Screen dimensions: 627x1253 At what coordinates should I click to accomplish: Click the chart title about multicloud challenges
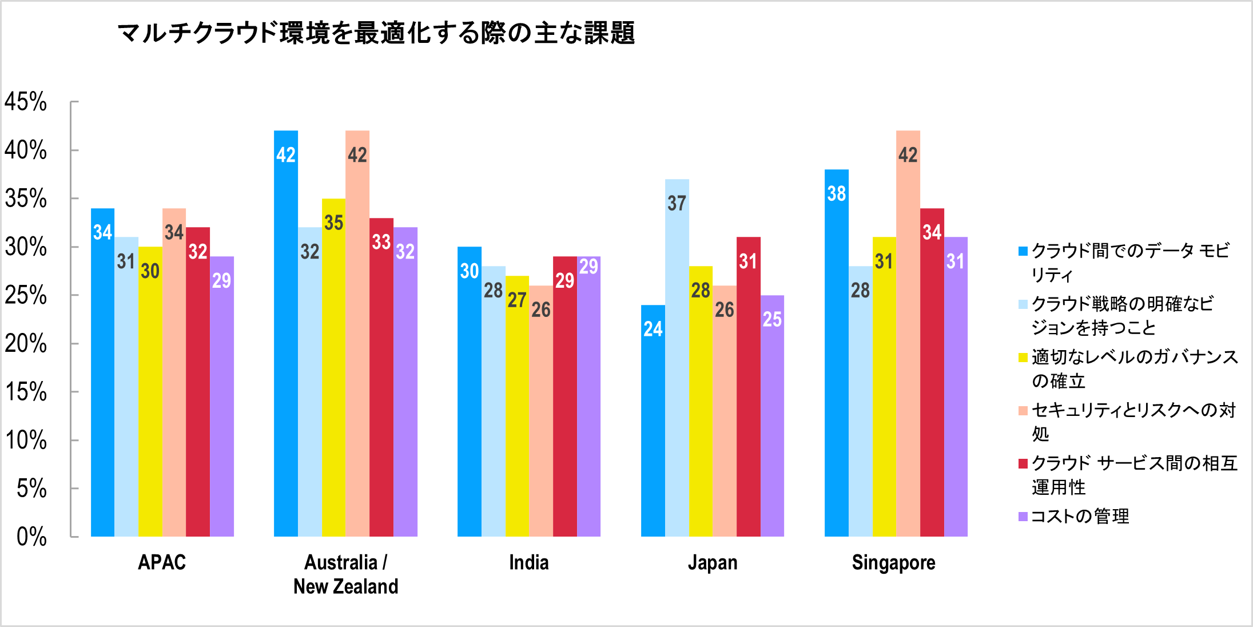pyautogui.click(x=376, y=33)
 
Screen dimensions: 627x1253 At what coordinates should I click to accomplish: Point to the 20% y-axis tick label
pyautogui.click(x=26, y=344)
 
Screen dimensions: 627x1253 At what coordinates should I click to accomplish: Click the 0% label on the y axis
pyautogui.click(x=31, y=537)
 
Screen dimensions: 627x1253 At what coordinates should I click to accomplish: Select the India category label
pyautogui.click(x=528, y=562)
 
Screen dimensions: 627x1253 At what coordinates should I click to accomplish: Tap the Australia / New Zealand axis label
pyautogui.click(x=345, y=574)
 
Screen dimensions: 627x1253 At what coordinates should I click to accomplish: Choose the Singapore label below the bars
pyautogui.click(x=893, y=562)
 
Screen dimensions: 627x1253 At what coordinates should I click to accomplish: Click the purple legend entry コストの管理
pyautogui.click(x=1080, y=516)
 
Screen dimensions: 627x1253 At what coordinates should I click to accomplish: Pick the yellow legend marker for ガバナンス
pyautogui.click(x=1023, y=358)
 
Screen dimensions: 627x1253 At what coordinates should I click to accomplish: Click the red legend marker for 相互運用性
pyautogui.click(x=1023, y=463)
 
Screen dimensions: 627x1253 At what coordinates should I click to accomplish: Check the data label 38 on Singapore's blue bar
pyautogui.click(x=836, y=193)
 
